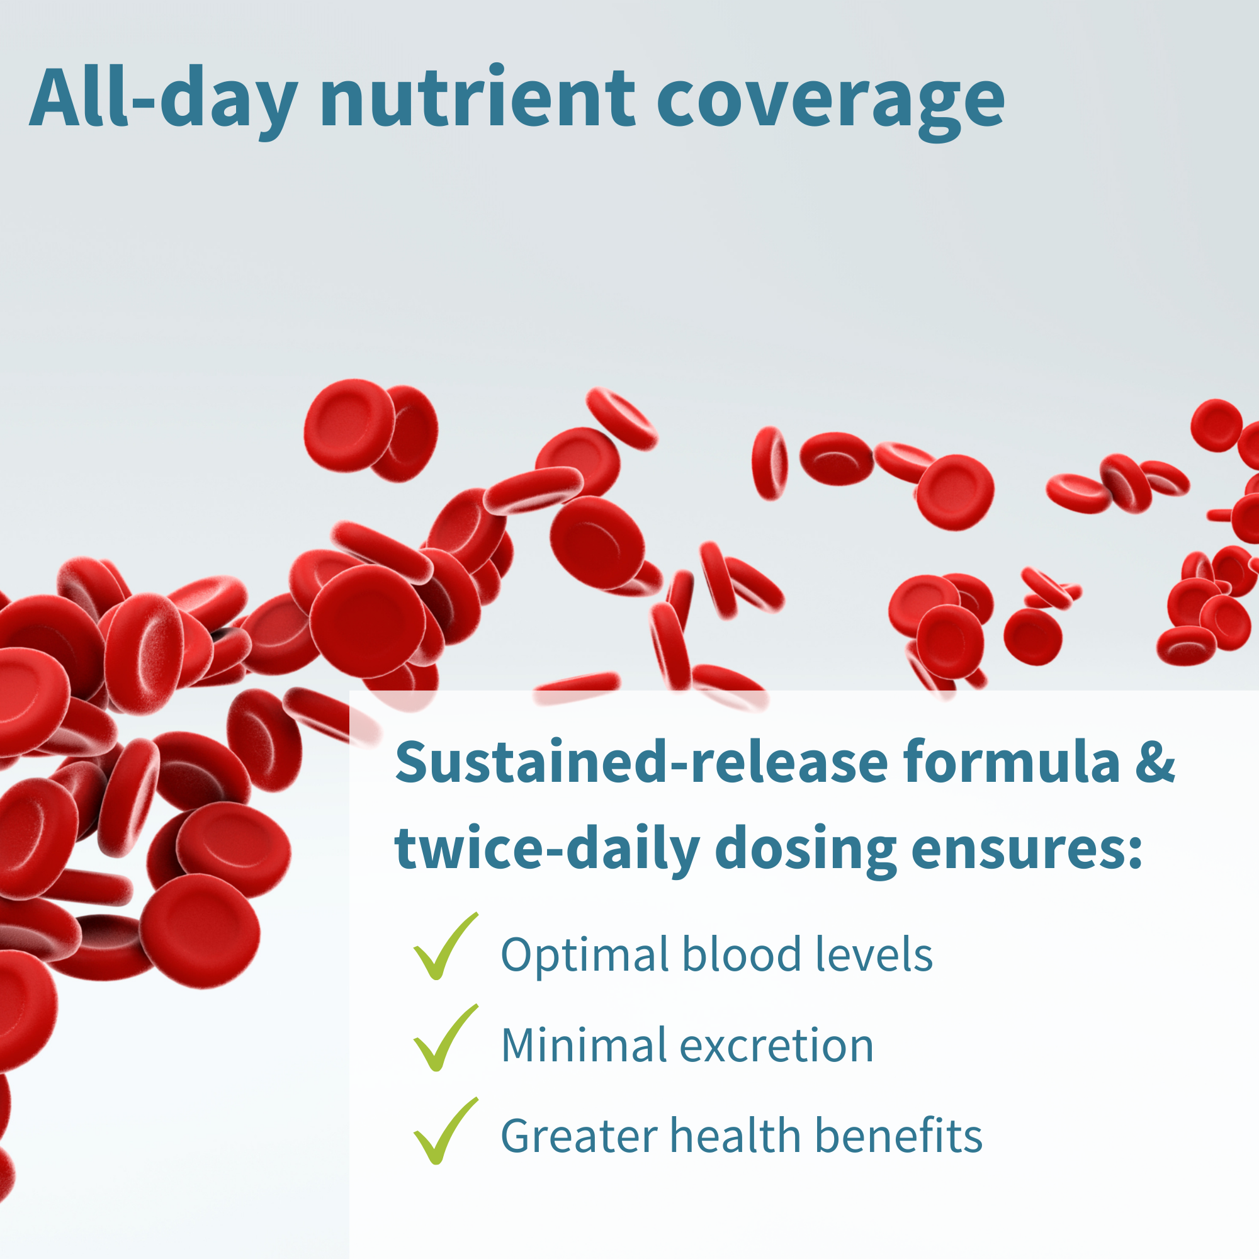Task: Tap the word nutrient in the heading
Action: (477, 98)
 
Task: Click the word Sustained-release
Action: (641, 762)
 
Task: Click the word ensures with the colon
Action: (1027, 849)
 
